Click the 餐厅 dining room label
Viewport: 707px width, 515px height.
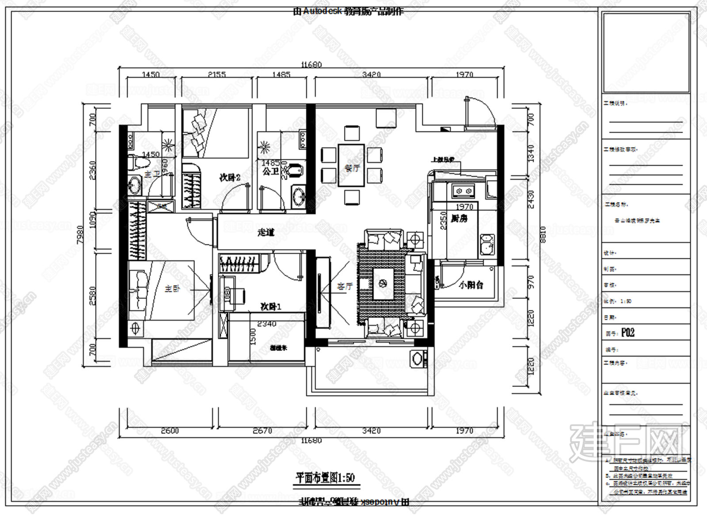tap(352, 168)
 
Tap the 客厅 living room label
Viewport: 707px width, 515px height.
tap(345, 286)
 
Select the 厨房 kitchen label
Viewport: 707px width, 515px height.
tap(460, 218)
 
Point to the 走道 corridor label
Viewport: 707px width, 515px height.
tap(266, 232)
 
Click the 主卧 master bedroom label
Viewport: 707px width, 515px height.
tap(172, 289)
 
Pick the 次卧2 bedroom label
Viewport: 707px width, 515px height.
tap(230, 178)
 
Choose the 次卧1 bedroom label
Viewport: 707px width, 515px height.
tap(270, 306)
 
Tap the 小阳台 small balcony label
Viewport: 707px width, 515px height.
tap(471, 285)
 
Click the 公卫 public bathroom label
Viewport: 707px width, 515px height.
tap(270, 171)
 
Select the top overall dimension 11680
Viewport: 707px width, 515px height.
tap(311, 64)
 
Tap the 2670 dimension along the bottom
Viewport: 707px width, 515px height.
tap(262, 430)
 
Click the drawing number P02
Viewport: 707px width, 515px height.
tap(627, 332)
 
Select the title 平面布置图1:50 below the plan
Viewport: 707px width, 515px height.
tap(325, 477)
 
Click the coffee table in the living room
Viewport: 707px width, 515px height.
tap(384, 284)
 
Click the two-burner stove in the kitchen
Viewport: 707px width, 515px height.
tap(463, 191)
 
